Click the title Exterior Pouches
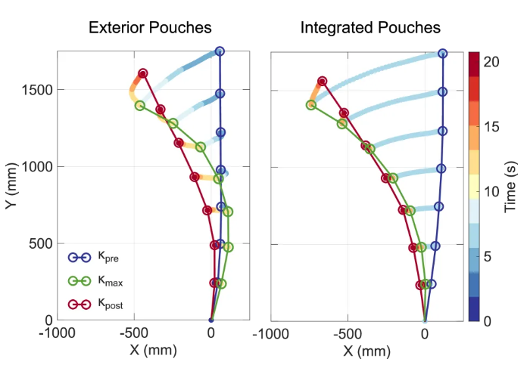pyautogui.click(x=150, y=29)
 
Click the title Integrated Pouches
pyautogui.click(x=370, y=29)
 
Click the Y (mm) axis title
pyautogui.click(x=12, y=186)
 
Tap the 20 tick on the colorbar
pyautogui.click(x=491, y=63)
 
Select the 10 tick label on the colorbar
pyautogui.click(x=491, y=192)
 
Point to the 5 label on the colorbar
pyautogui.click(x=488, y=257)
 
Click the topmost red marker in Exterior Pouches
pyautogui.click(x=143, y=73)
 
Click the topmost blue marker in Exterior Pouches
pyautogui.click(x=220, y=51)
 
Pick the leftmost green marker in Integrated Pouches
pyautogui.click(x=310, y=105)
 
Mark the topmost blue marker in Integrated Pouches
pyautogui.click(x=443, y=54)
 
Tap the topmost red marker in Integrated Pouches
pyautogui.click(x=323, y=81)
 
